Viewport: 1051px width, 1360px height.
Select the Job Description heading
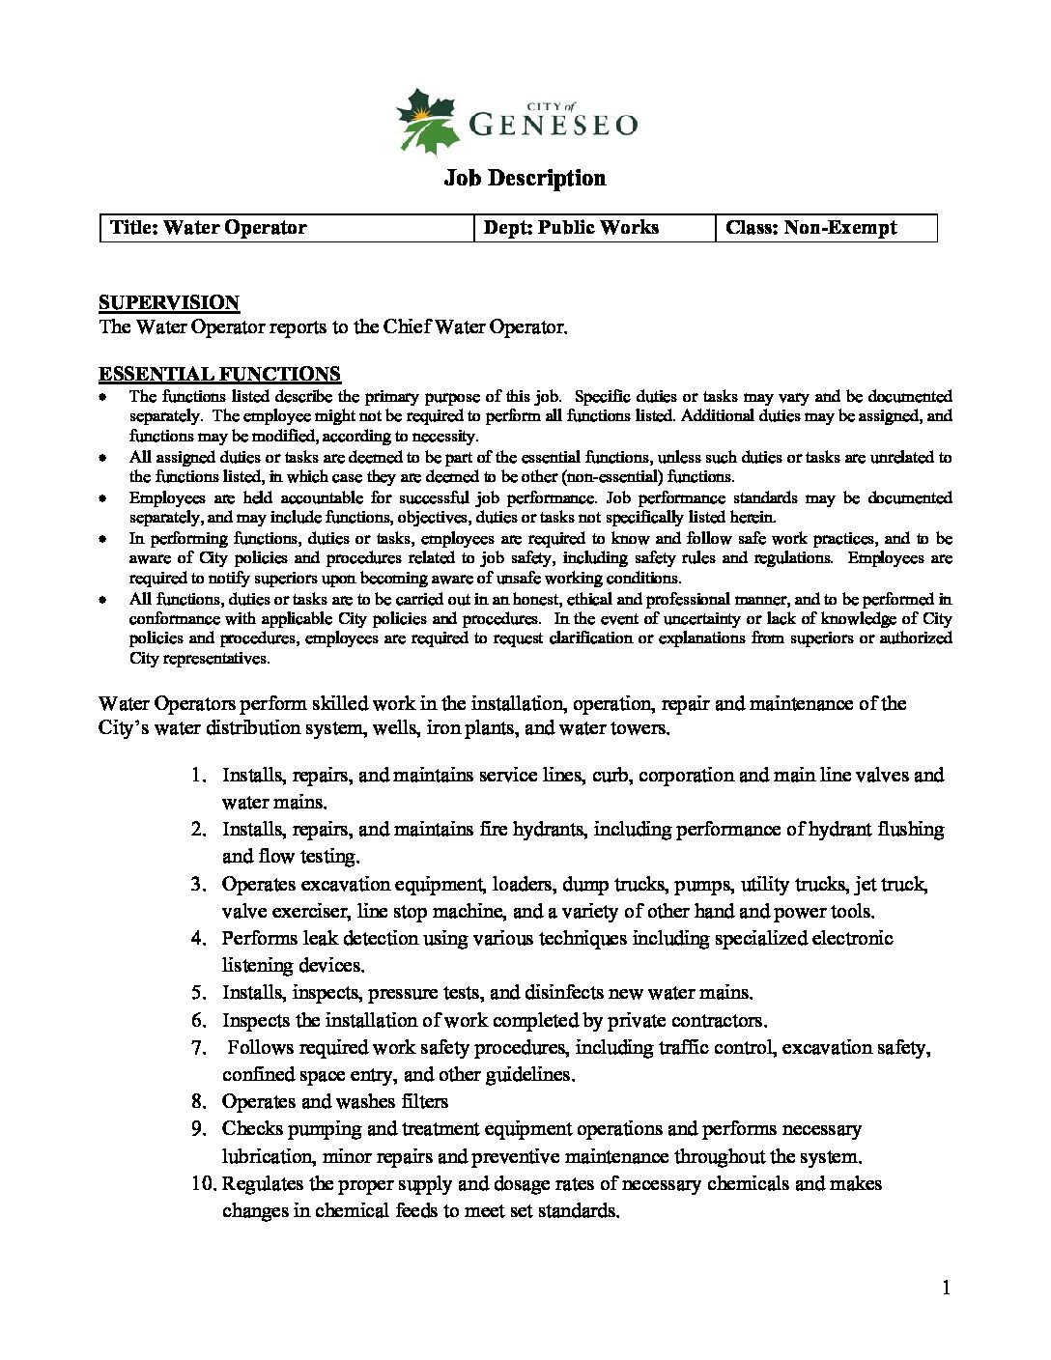click(x=525, y=178)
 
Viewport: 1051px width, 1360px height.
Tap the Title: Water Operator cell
click(x=209, y=228)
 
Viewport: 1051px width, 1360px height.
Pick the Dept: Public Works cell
click(x=571, y=228)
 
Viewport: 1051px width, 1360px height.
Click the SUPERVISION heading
click(x=169, y=302)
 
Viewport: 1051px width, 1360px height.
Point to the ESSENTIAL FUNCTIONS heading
click(x=219, y=374)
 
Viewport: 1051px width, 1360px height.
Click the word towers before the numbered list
click(x=638, y=728)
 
